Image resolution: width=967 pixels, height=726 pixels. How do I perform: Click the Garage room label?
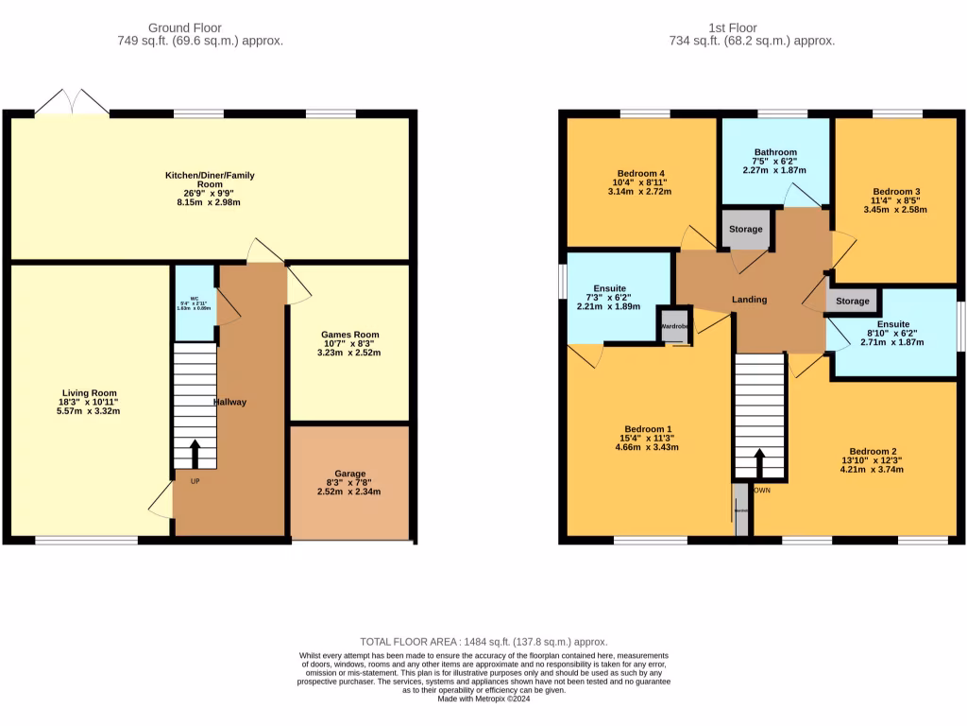[x=349, y=474]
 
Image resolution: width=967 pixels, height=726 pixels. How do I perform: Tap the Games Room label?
[x=349, y=335]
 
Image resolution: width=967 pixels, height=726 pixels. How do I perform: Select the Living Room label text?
[x=90, y=392]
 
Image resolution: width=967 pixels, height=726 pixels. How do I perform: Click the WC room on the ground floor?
[x=195, y=304]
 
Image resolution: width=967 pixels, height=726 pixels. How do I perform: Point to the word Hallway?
[x=229, y=402]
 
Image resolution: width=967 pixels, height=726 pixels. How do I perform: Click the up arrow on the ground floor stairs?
[x=195, y=454]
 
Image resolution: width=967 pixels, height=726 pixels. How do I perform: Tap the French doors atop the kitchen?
[x=72, y=102]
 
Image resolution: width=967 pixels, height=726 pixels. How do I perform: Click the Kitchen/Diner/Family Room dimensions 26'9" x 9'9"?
[x=210, y=193]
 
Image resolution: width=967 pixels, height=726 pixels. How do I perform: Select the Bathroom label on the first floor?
[x=775, y=152]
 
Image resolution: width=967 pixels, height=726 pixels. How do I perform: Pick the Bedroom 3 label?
[x=896, y=191]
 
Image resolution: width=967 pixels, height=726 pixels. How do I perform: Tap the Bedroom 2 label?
[x=872, y=451]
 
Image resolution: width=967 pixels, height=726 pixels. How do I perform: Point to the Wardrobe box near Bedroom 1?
[x=674, y=325]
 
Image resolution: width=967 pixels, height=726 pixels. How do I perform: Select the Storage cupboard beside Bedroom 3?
[x=852, y=302]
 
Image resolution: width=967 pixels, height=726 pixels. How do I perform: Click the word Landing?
[x=750, y=300]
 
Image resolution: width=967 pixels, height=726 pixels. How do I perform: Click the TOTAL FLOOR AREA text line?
[x=483, y=641]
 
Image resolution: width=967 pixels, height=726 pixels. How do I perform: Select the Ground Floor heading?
[x=199, y=27]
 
